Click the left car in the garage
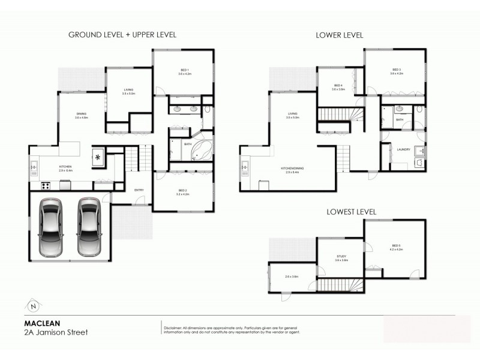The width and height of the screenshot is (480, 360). coord(51,227)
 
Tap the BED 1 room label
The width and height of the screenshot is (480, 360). coord(184,71)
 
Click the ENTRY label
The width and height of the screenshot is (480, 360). coord(139,190)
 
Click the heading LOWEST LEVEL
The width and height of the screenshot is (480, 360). coord(351,212)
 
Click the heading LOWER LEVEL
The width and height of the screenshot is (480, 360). coord(340,35)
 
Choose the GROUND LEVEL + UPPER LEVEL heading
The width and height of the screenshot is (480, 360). coord(122,35)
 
